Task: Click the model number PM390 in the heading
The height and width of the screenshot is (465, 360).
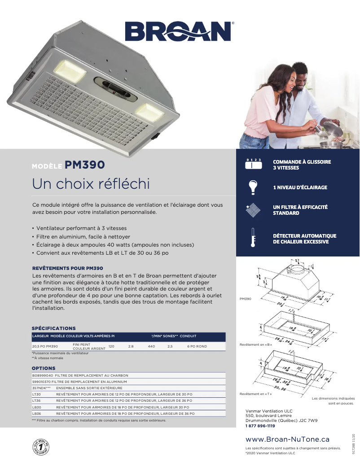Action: [x=85, y=165]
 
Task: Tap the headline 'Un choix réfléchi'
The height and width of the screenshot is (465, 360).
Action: [x=91, y=184]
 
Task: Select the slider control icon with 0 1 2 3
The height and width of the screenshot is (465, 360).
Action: [x=253, y=164]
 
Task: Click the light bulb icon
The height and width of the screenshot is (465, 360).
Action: [x=253, y=187]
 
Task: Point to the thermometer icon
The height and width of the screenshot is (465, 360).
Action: [x=254, y=238]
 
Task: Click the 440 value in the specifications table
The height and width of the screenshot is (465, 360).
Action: [x=151, y=347]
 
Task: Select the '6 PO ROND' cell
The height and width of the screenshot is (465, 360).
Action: [x=197, y=347]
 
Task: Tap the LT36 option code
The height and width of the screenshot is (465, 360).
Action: [x=37, y=400]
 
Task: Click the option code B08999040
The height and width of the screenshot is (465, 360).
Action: [x=43, y=375]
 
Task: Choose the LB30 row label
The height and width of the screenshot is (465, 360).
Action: [x=37, y=407]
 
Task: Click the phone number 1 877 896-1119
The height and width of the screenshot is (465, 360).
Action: [x=260, y=426]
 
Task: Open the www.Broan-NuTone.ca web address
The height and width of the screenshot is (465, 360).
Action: [x=287, y=439]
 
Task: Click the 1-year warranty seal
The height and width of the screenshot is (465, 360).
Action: [x=41, y=447]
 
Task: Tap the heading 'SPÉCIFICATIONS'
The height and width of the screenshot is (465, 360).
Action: [x=53, y=328]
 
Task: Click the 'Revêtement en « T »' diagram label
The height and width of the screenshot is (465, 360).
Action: [x=256, y=394]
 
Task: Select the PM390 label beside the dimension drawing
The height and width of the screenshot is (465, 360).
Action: [x=246, y=298]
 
